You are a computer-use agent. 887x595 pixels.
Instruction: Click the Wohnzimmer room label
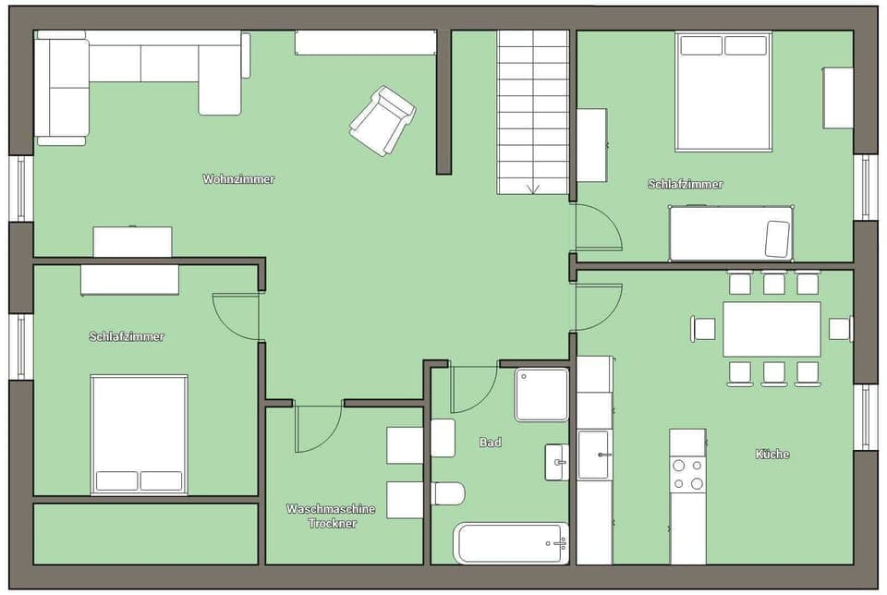pos(238,179)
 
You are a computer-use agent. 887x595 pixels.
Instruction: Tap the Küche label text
pos(772,454)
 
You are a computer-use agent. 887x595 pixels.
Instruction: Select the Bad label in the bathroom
pos(491,443)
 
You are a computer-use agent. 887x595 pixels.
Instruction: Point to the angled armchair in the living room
pos(381,120)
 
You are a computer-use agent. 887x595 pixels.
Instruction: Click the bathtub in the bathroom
pos(510,542)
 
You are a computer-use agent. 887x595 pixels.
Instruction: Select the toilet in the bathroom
pos(447,493)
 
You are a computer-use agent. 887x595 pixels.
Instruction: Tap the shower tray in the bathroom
pos(541,395)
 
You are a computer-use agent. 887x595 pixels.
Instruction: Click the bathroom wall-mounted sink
pos(556,461)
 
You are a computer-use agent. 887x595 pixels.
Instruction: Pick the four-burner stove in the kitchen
pos(688,475)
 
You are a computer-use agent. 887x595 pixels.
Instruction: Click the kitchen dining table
pos(772,329)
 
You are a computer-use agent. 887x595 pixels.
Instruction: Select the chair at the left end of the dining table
pos(705,328)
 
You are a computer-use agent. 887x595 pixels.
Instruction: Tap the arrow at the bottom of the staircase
pos(533,188)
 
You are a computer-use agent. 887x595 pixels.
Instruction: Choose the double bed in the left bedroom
pos(140,433)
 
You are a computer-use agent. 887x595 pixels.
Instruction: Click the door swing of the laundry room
pos(317,429)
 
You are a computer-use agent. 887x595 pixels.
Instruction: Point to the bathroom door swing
pos(474,389)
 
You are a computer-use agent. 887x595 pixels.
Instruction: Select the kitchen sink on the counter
pos(593,455)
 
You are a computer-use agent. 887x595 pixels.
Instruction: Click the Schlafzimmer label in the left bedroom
pos(127,336)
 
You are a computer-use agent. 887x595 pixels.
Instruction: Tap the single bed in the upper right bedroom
pos(731,234)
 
